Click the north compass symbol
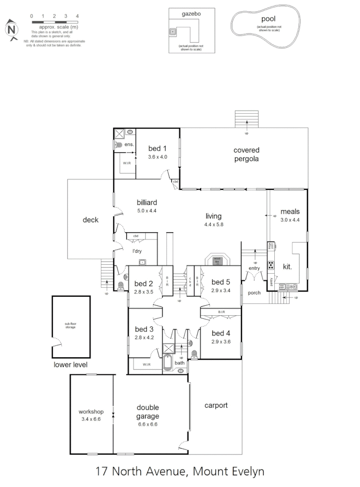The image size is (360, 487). [12, 30]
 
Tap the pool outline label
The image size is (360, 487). [268, 19]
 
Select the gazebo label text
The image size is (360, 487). [191, 14]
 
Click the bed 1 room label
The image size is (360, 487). [157, 148]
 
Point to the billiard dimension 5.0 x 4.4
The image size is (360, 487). [147, 210]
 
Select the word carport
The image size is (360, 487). [216, 405]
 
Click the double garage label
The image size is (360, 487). [148, 413]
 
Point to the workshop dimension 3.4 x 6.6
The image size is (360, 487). [91, 419]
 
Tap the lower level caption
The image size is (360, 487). [71, 364]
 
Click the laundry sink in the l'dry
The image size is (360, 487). [142, 262]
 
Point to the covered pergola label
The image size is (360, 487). [246, 154]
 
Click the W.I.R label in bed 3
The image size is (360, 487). [146, 364]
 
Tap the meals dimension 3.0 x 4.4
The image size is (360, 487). [290, 220]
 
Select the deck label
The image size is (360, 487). [90, 220]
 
